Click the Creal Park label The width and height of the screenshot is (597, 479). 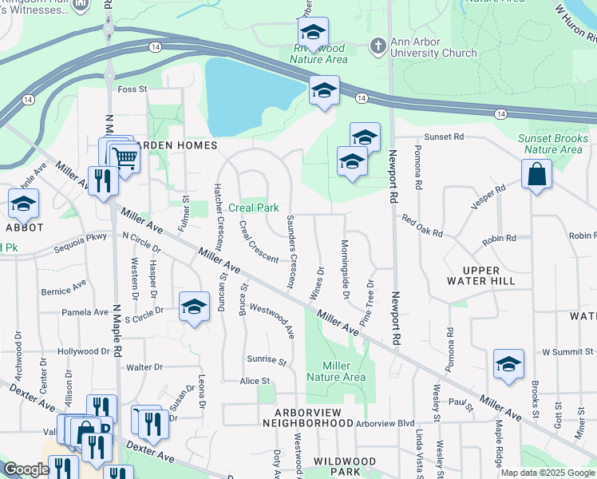[254, 208]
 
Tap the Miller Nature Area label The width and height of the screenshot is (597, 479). [338, 370]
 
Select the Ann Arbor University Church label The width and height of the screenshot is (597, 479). [433, 48]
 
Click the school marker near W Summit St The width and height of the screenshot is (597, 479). [508, 364]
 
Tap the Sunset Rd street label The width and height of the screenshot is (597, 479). [443, 137]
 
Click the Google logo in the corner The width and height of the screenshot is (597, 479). [26, 469]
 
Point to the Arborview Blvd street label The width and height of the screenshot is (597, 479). [385, 424]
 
